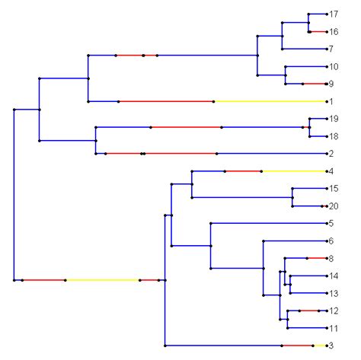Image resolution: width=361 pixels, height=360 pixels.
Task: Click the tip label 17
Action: pyautogui.click(x=334, y=14)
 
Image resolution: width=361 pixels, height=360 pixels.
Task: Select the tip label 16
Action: pyautogui.click(x=334, y=32)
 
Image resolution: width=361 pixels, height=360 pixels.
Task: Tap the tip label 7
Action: pyautogui.click(x=331, y=49)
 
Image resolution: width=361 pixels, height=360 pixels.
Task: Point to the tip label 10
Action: pyautogui.click(x=334, y=67)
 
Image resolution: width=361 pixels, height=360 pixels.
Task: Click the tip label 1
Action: pyautogui.click(x=331, y=101)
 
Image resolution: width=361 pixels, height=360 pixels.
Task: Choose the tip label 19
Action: pyautogui.click(x=334, y=119)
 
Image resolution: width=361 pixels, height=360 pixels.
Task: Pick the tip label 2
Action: pyautogui.click(x=331, y=154)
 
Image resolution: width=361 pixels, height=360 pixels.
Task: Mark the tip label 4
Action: pyautogui.click(x=331, y=171)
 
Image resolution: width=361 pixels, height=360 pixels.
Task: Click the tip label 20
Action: pyautogui.click(x=334, y=206)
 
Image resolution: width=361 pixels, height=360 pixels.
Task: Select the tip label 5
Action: pyautogui.click(x=331, y=224)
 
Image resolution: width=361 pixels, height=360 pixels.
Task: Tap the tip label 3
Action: pyautogui.click(x=331, y=346)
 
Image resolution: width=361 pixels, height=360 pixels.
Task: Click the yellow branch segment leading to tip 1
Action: pyautogui.click(x=270, y=101)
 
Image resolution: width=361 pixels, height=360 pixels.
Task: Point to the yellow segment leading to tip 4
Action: pyautogui.click(x=293, y=171)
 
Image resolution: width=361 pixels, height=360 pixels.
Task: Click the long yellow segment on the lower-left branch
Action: pyautogui.click(x=102, y=280)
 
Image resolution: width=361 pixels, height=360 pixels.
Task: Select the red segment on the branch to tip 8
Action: pyautogui.click(x=316, y=258)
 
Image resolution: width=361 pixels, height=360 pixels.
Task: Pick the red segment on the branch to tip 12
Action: pyautogui.click(x=309, y=311)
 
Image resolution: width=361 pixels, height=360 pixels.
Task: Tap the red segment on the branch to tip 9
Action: pyautogui.click(x=314, y=84)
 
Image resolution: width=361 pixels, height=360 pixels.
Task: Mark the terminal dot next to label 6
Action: pyautogui.click(x=326, y=241)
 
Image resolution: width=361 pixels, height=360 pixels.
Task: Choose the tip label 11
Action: pyautogui.click(x=334, y=329)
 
